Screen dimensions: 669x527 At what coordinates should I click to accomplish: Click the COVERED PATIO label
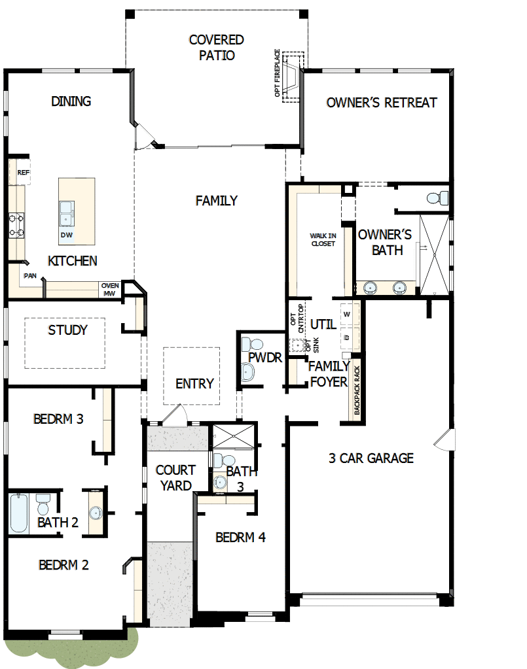[x=216, y=48]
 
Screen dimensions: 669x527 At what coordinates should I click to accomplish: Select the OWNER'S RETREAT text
[x=381, y=103]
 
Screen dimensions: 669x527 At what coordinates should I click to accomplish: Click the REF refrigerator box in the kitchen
[x=23, y=173]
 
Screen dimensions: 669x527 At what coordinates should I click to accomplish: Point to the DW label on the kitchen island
[x=66, y=235]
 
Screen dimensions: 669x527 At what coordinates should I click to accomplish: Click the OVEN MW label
[x=109, y=289]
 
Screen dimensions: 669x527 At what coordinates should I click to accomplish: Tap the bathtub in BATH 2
[x=19, y=513]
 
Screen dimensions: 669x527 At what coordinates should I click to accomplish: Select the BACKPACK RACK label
[x=357, y=391]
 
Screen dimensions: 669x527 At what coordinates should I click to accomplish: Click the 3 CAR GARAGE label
[x=371, y=458]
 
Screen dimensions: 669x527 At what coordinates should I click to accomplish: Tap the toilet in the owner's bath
[x=439, y=197]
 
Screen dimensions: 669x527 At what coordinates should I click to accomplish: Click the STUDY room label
[x=67, y=330]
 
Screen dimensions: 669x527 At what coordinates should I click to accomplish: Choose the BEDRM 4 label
[x=240, y=538]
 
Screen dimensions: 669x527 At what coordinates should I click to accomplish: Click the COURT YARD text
[x=175, y=477]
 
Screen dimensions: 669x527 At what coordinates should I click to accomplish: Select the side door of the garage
[x=449, y=439]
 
